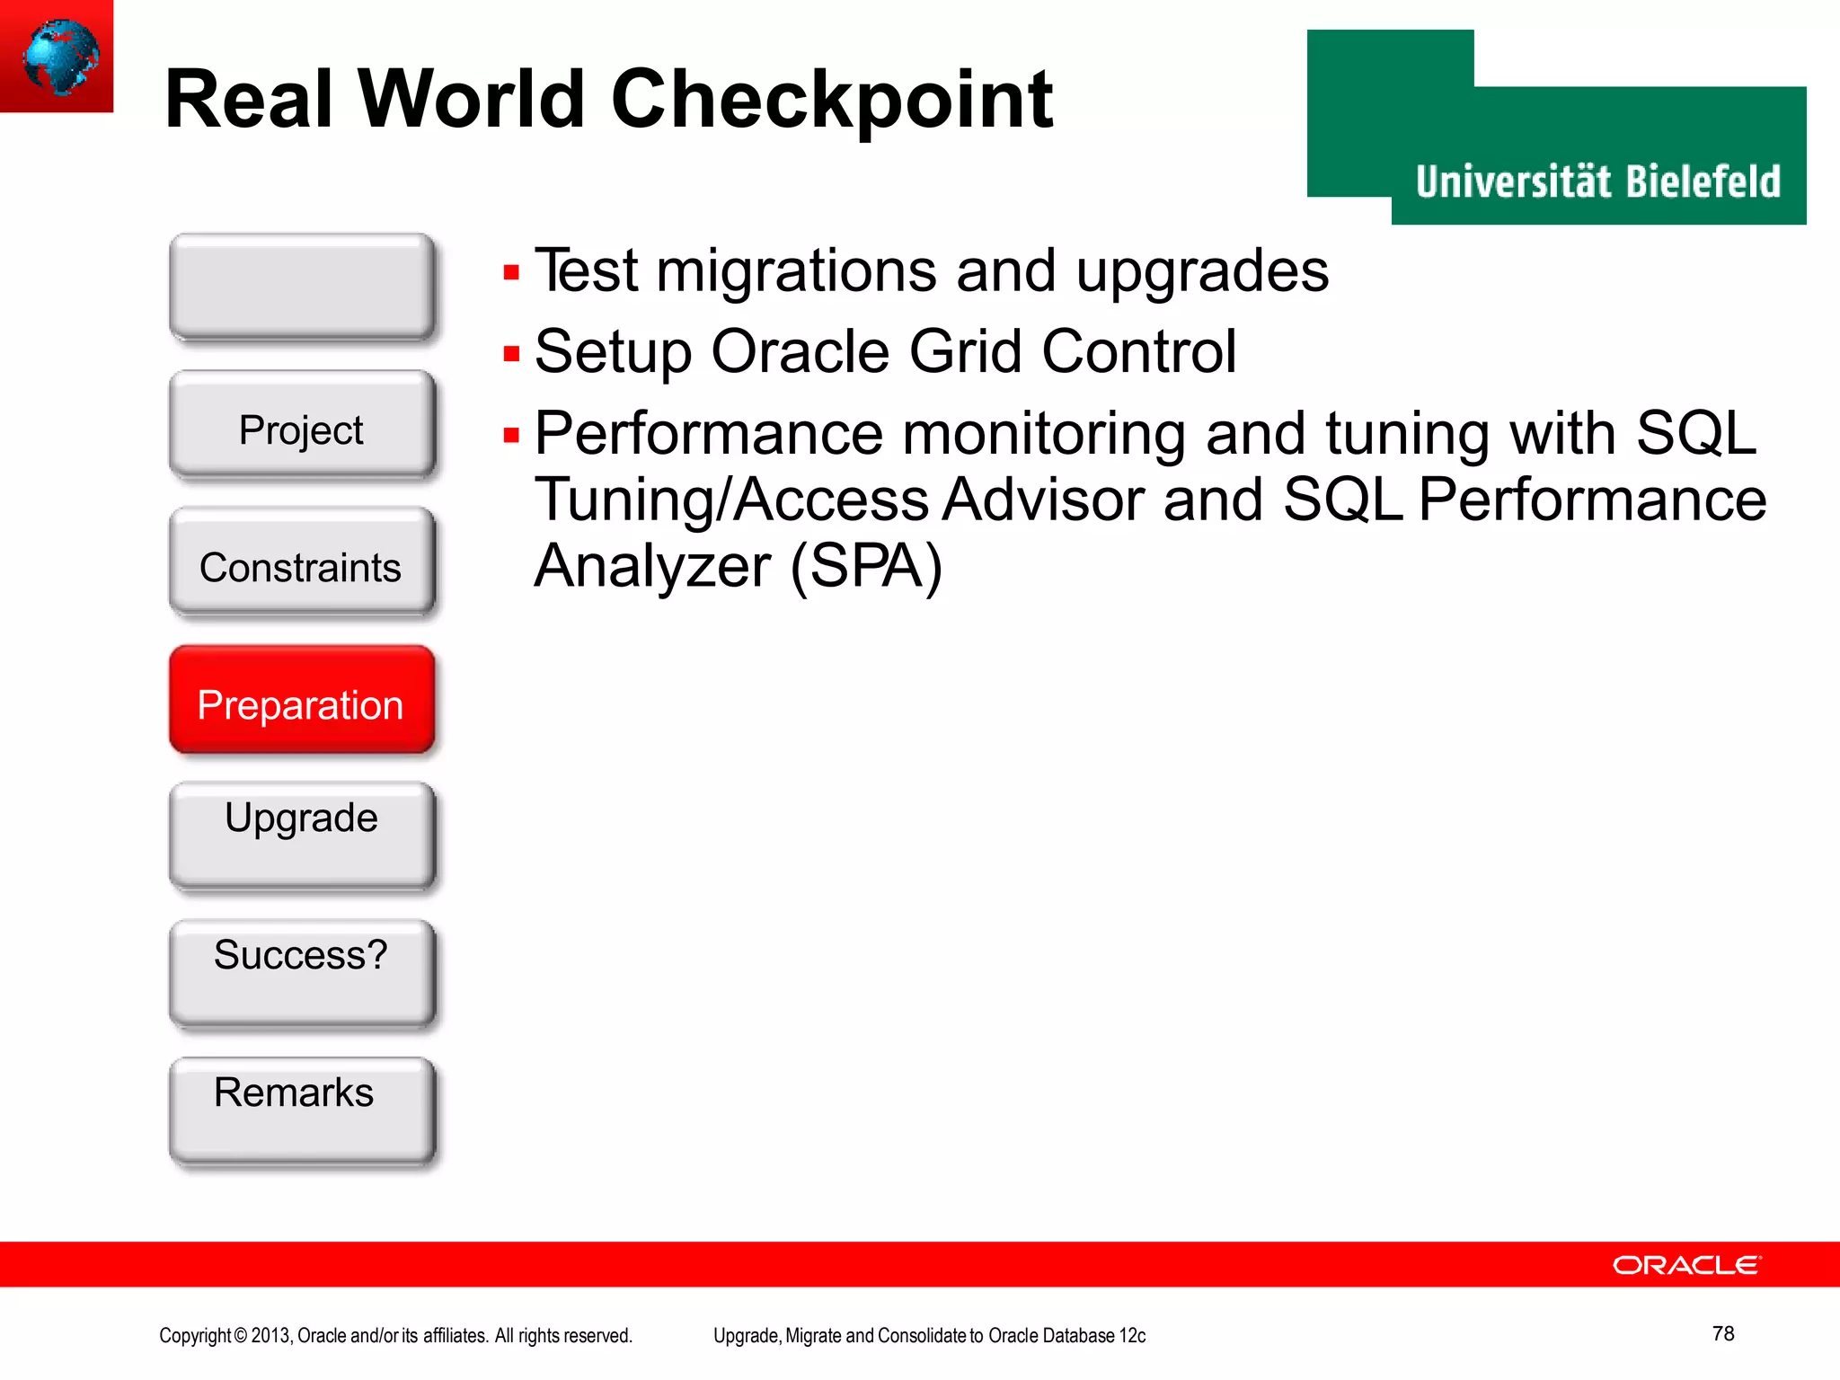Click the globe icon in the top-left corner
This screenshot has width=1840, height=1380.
[58, 56]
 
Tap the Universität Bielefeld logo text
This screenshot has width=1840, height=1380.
[1597, 181]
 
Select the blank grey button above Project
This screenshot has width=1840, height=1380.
[302, 286]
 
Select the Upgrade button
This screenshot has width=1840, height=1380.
[302, 836]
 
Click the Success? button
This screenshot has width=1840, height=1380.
[302, 973]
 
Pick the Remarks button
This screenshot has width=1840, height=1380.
[302, 1110]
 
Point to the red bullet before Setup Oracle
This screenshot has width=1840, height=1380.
[512, 354]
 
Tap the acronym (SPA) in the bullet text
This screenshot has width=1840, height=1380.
[866, 566]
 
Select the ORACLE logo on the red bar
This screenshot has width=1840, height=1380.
[1686, 1265]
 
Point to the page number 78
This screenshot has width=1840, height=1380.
[1722, 1333]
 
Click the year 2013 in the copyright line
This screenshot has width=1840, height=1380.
[270, 1336]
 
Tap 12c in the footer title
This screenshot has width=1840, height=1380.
[1132, 1336]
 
